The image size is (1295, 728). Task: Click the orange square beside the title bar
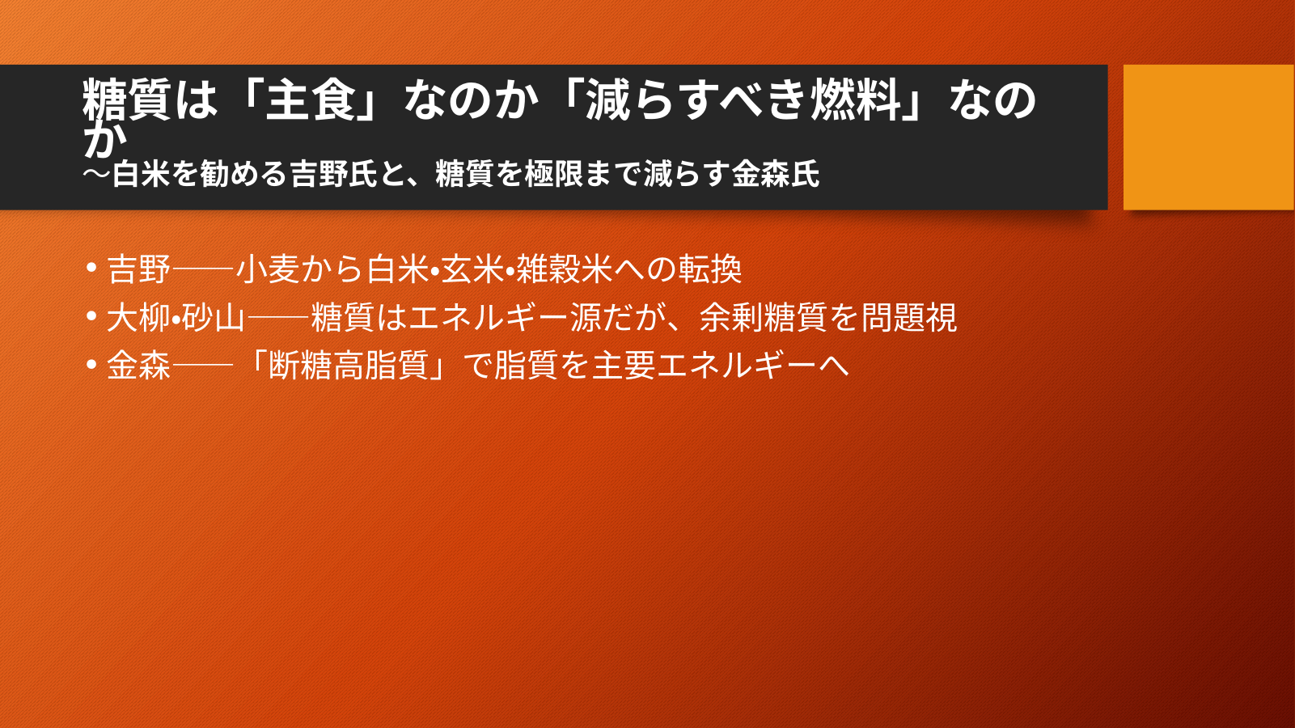click(x=1208, y=137)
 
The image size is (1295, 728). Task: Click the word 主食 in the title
click(x=311, y=100)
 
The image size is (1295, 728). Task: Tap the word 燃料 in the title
click(x=857, y=100)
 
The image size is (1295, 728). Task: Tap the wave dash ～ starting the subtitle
click(x=96, y=174)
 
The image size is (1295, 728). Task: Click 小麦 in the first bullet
click(x=267, y=269)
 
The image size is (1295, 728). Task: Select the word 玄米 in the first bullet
click(x=472, y=269)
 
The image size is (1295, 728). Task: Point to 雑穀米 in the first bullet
click(x=564, y=269)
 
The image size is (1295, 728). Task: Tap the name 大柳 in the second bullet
click(x=139, y=317)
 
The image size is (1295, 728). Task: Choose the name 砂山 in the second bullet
click(x=214, y=317)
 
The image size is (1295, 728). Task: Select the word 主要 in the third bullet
click(x=624, y=366)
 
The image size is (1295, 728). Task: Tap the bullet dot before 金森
click(x=91, y=364)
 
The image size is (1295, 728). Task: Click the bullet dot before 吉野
click(x=91, y=268)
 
